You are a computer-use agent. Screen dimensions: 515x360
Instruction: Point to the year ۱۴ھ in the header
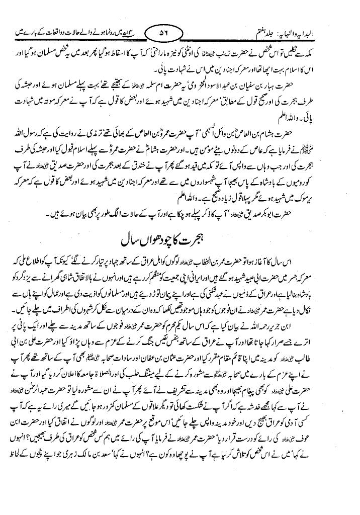point(133,34)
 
